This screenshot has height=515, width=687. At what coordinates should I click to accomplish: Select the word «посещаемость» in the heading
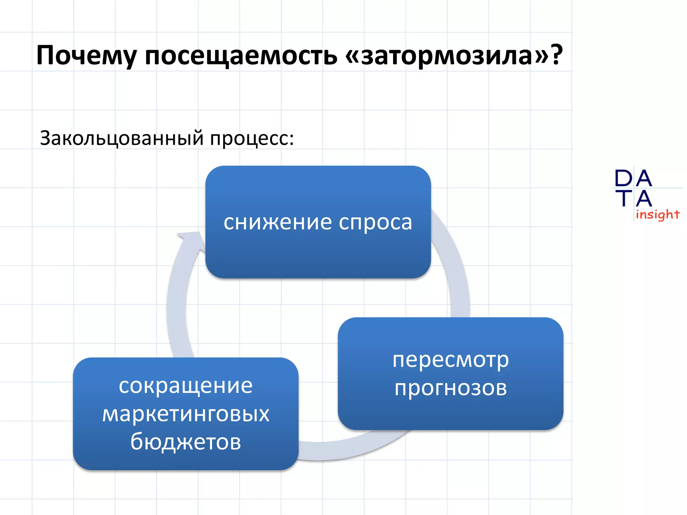click(x=241, y=56)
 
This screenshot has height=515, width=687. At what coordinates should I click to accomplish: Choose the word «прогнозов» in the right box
click(x=451, y=388)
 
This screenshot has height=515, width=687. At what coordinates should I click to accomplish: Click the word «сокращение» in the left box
click(x=186, y=386)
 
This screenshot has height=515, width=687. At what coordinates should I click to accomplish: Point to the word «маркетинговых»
click(x=186, y=414)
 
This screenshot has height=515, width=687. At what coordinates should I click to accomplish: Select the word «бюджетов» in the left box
click(x=186, y=442)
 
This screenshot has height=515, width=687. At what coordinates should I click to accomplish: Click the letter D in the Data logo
click(x=623, y=178)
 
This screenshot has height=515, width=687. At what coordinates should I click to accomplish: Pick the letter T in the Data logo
click(x=623, y=198)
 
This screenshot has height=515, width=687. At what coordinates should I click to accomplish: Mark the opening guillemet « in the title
click(x=353, y=56)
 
